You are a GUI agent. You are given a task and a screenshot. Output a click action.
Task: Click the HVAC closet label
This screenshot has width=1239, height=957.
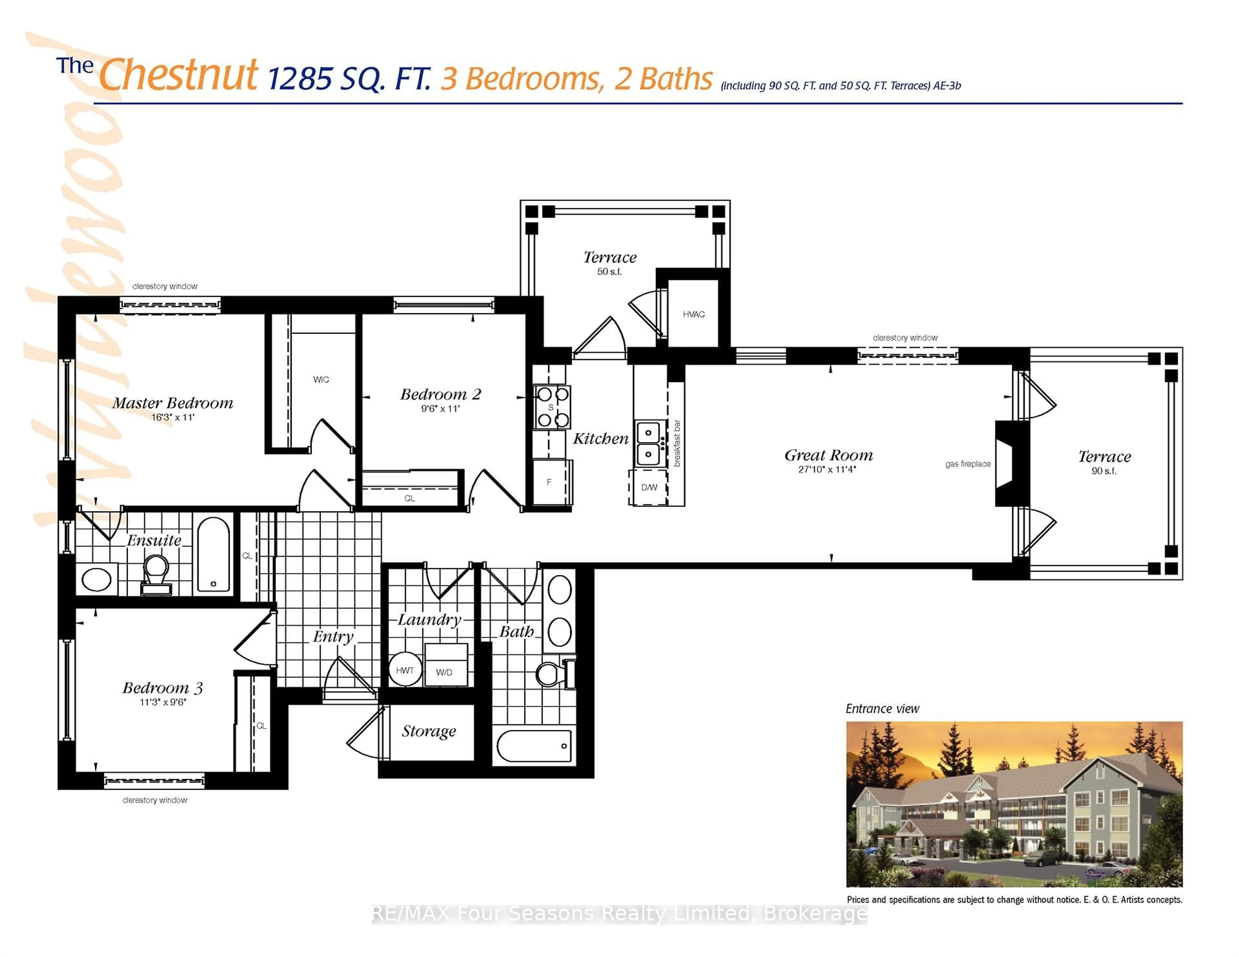coord(693,314)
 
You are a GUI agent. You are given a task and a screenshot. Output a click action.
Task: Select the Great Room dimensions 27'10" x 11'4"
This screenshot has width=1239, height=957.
coord(827,469)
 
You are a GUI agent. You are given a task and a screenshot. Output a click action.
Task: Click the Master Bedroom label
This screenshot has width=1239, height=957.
coord(173,403)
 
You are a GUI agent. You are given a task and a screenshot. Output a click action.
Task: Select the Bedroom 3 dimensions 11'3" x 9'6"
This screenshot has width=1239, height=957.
coord(163,702)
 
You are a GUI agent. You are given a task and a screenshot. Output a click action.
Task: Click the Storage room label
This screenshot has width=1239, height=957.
coord(429,730)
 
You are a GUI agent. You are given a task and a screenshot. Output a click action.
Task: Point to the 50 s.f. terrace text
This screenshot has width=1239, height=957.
coord(609,272)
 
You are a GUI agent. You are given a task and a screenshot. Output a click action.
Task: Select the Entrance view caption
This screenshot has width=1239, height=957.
coord(882,709)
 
